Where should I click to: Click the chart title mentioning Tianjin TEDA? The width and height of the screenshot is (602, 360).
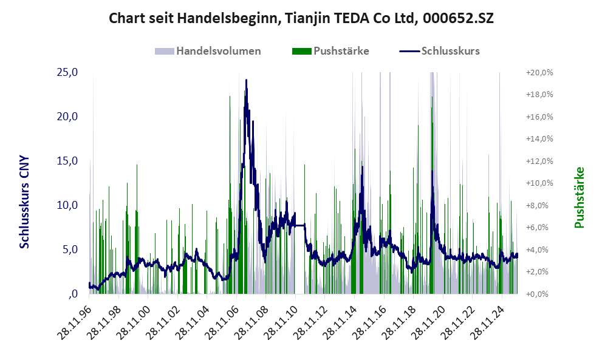point(301,18)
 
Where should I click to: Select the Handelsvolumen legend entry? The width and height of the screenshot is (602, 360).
point(219,51)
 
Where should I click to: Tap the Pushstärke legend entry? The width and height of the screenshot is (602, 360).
point(341,51)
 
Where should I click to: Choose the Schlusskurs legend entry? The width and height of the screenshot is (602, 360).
point(450,51)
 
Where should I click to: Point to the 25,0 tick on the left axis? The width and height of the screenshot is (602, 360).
point(67,72)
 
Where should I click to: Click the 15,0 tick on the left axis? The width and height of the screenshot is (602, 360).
point(67,161)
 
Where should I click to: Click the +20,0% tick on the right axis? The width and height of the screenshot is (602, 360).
point(539,72)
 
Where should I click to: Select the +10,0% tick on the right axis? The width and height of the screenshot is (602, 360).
point(539,183)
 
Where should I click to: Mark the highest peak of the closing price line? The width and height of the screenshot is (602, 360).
point(246,80)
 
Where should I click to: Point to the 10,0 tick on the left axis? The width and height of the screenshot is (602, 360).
point(67,205)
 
